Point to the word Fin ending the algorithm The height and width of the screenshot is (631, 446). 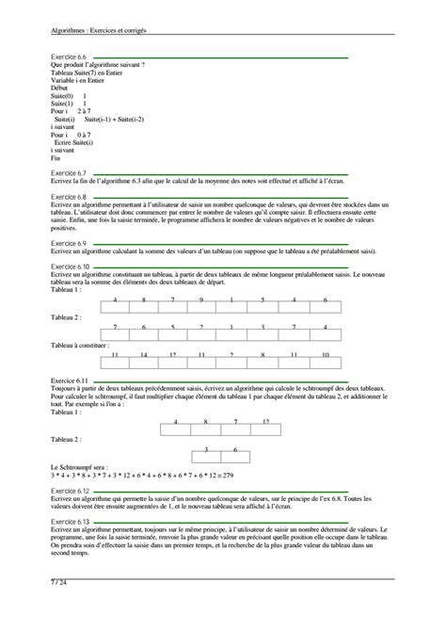56,158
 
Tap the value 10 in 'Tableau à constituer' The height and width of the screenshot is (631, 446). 325,355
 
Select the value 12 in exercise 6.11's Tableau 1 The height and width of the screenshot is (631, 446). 266,421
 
